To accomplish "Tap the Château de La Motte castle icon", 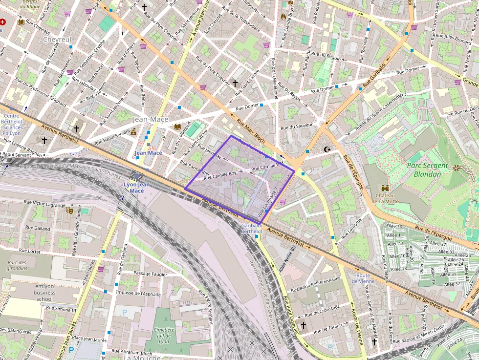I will [385, 188].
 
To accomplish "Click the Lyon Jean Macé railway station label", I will [137, 188].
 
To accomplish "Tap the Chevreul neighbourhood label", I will [57, 39].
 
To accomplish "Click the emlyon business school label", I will [44, 292].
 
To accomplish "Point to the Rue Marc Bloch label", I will [251, 132].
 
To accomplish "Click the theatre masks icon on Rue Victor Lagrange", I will [69, 211].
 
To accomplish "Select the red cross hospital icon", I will [3, 22].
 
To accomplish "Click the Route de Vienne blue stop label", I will [363, 278].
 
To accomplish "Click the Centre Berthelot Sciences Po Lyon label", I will [11, 124].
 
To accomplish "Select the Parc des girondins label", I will [17, 265].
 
